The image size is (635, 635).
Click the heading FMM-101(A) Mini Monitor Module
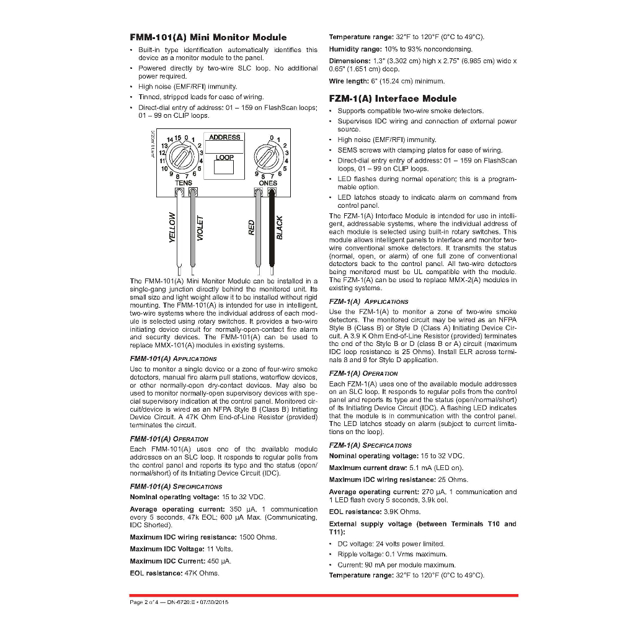(x=208, y=37)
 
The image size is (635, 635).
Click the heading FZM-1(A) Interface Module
(x=393, y=99)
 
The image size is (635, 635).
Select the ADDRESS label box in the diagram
(x=224, y=138)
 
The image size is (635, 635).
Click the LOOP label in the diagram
(x=224, y=158)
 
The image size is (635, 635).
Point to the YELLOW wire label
(x=173, y=228)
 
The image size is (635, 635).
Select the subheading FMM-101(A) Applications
(x=173, y=358)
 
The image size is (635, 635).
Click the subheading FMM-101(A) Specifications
(x=175, y=487)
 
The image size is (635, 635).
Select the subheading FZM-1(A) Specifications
(x=370, y=445)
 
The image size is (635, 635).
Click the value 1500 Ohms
(x=258, y=537)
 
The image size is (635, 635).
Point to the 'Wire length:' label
(x=349, y=81)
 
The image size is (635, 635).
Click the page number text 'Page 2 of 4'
(x=144, y=602)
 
